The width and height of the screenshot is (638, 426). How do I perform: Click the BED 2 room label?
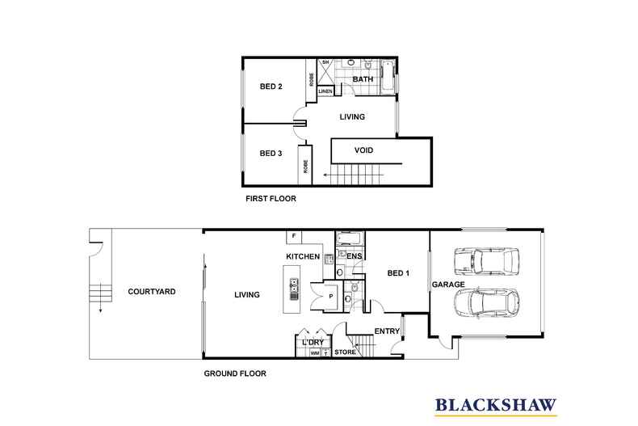tap(270, 86)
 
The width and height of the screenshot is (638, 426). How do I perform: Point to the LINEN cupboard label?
tap(325, 92)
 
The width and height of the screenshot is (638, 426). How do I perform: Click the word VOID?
tap(363, 150)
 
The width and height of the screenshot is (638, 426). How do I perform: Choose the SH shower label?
tap(325, 62)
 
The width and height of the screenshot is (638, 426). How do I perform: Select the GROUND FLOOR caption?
tap(235, 373)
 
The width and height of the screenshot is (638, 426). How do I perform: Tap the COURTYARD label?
tap(152, 292)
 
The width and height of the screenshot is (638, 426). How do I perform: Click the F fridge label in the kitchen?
tap(295, 236)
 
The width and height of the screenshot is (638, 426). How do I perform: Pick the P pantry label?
tap(331, 297)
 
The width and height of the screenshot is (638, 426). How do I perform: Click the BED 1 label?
tap(399, 274)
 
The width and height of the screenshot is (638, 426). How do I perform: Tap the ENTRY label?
tap(387, 331)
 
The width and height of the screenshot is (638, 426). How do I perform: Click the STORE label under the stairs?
tap(345, 352)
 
